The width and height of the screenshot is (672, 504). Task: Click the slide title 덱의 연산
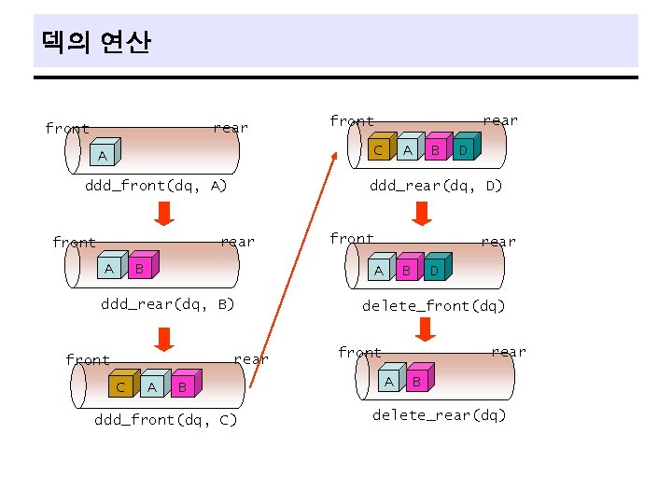point(96,42)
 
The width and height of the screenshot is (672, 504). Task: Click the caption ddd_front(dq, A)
point(156,187)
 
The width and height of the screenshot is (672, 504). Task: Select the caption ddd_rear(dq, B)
point(168,304)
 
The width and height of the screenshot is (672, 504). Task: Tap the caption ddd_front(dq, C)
point(166,420)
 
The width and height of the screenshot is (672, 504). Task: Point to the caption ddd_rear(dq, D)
point(436,186)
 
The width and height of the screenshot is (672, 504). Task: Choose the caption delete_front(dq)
point(434,305)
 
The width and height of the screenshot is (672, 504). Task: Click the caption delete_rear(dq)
point(439,415)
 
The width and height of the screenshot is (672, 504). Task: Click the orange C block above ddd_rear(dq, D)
point(378,150)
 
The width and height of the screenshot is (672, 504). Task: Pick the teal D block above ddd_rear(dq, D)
point(463,150)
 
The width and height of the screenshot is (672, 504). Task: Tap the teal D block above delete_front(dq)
point(434,271)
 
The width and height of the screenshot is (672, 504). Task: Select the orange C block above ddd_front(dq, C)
point(120,385)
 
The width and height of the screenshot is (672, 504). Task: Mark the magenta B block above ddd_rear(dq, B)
point(140,269)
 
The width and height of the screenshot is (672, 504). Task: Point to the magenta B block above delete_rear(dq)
point(418,381)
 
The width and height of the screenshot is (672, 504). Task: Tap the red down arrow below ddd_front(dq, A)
point(163,213)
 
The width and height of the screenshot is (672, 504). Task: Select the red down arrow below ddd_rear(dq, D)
point(422,213)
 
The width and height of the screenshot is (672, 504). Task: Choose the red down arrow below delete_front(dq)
point(426,329)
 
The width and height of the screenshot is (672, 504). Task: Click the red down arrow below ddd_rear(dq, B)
point(163,336)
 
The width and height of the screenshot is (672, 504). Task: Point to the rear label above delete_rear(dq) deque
point(509,352)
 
